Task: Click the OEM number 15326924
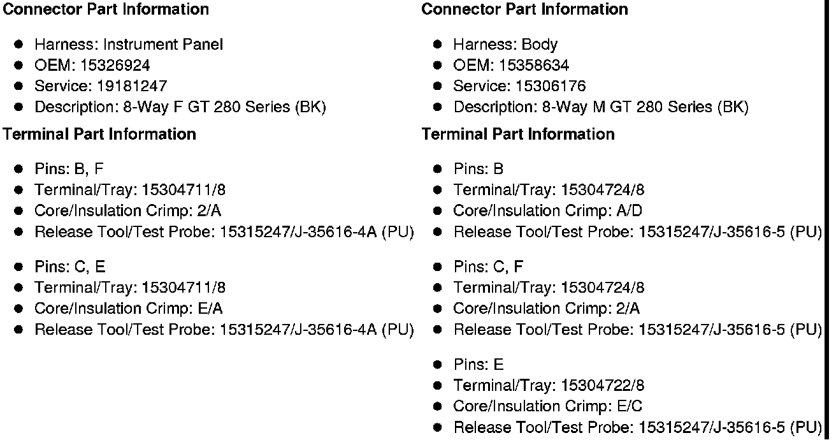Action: point(115,65)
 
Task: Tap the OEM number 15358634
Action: point(534,65)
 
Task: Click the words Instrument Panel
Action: point(163,44)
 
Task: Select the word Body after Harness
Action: point(540,44)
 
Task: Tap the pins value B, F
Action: point(89,169)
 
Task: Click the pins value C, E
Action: point(90,267)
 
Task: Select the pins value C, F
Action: point(508,267)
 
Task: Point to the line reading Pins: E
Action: point(478,365)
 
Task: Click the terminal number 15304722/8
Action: point(603,385)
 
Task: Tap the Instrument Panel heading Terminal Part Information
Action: point(99,134)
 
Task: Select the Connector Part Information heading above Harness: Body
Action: point(524,10)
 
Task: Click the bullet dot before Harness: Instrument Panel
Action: point(19,44)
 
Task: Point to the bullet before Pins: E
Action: point(438,365)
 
